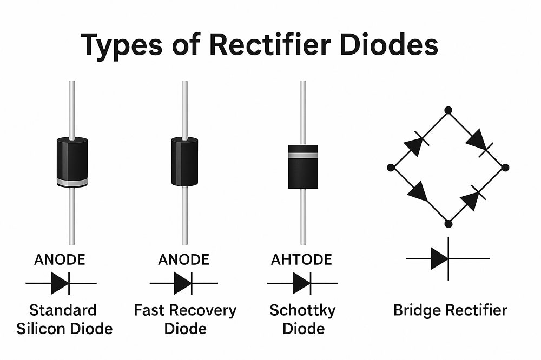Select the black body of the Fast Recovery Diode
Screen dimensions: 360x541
click(x=184, y=161)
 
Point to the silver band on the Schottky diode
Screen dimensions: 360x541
click(x=303, y=155)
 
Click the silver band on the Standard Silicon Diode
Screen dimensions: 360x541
click(x=72, y=182)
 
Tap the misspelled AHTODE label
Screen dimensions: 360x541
click(x=301, y=259)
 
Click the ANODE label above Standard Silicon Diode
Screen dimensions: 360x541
click(x=60, y=259)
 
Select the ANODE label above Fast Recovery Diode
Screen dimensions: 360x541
click(x=183, y=259)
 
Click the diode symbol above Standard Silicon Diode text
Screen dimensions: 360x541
click(x=60, y=283)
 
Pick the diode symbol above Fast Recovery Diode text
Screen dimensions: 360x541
click(x=183, y=283)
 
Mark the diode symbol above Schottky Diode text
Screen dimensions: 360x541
click(x=301, y=283)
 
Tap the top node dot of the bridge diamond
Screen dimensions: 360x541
click(x=448, y=110)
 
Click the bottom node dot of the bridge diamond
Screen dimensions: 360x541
click(x=448, y=224)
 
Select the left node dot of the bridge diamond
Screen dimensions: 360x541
click(x=391, y=168)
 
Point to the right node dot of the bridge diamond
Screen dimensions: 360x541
click(x=505, y=168)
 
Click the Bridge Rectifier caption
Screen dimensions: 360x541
click(x=450, y=310)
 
